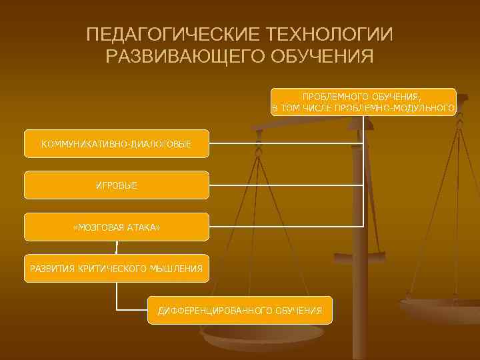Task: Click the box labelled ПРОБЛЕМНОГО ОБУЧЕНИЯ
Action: [x=363, y=102]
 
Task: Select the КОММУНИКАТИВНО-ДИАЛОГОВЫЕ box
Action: [x=117, y=144]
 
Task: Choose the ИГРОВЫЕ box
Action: [x=117, y=185]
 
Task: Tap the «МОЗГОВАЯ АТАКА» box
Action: [x=117, y=227]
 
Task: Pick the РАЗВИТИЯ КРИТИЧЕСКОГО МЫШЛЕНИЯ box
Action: [x=117, y=269]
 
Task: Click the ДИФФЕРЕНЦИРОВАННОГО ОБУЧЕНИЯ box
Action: [x=240, y=311]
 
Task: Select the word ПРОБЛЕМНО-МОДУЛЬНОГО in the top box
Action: [x=395, y=108]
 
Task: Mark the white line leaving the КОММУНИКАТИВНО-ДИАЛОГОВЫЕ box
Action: [x=287, y=144]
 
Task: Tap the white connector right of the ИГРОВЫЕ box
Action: [x=287, y=185]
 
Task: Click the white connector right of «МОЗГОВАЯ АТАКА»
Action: [x=287, y=227]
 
